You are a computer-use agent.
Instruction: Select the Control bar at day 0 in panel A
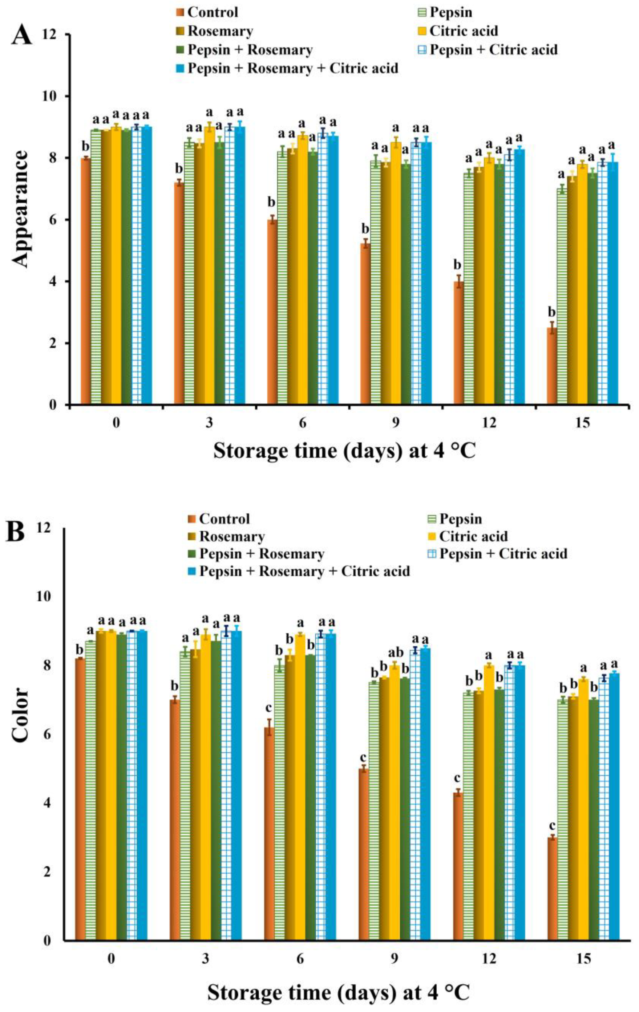coord(86,281)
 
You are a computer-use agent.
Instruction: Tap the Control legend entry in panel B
coord(219,519)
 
